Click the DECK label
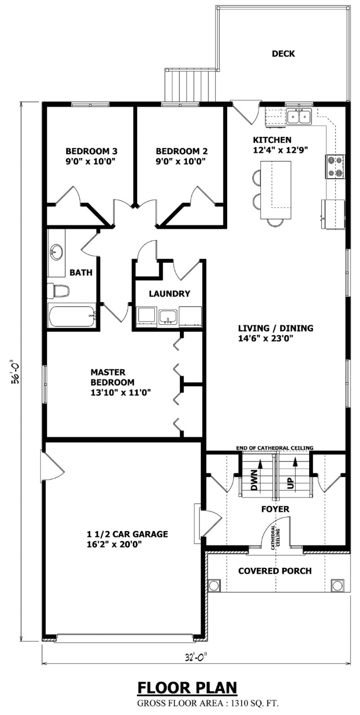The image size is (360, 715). coord(283,54)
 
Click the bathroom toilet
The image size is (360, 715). coord(58,291)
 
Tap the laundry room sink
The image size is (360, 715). coord(166,316)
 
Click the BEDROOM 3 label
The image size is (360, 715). coord(92,151)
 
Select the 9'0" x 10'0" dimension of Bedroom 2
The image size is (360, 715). coord(182,162)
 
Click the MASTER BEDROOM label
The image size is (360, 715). coord(112,377)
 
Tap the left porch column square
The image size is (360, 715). coord(214,585)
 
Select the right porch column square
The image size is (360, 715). coord(337,585)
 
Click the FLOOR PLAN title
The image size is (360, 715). coord(187,688)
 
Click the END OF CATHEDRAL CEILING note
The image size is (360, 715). coord(275,448)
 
